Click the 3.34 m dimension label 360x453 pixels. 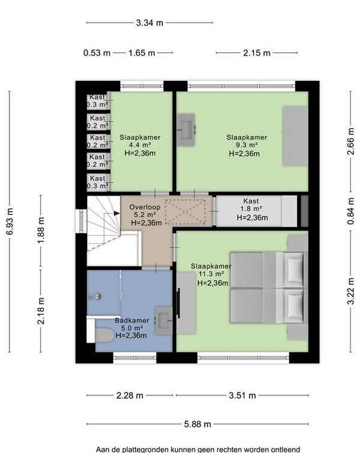click(x=149, y=23)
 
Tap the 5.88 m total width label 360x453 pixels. click(x=197, y=424)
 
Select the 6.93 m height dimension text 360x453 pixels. click(x=10, y=221)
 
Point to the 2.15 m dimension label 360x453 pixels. click(x=257, y=53)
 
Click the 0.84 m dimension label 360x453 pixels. click(x=350, y=211)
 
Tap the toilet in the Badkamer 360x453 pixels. click(x=104, y=335)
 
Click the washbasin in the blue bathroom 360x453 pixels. click(x=164, y=320)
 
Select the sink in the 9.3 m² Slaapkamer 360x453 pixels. click(x=186, y=130)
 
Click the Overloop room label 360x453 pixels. click(x=145, y=207)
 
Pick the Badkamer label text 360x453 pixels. click(x=132, y=320)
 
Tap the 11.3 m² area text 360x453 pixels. click(x=211, y=274)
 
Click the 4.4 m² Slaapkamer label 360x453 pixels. click(x=140, y=145)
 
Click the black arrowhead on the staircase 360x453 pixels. click(x=116, y=213)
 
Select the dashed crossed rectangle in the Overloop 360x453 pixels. click(x=185, y=212)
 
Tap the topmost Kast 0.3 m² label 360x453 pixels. click(x=98, y=101)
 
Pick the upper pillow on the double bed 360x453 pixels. click(x=294, y=269)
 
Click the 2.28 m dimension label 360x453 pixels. click(x=130, y=395)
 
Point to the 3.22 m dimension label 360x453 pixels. click(x=350, y=291)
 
